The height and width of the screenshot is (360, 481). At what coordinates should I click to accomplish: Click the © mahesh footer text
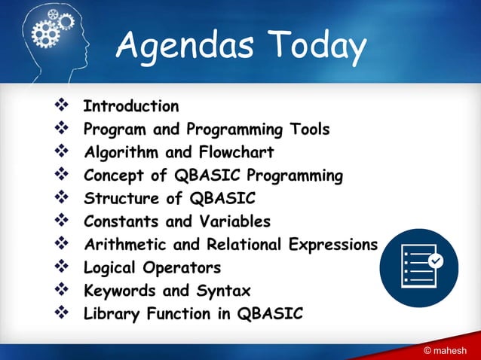pos(449,351)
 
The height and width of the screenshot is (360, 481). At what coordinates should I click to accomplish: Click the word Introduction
pos(131,106)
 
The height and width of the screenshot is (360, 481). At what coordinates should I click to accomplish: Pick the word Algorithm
pos(121,152)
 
